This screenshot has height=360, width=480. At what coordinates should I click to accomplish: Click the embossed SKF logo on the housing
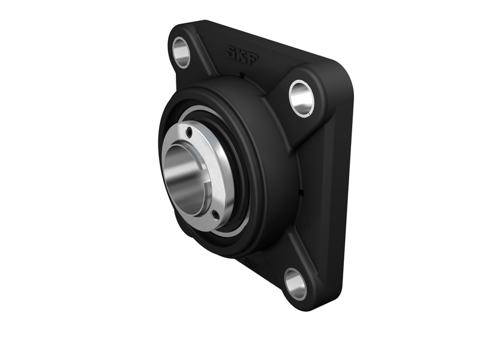click(242, 53)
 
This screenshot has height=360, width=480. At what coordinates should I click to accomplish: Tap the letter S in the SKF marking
click(232, 51)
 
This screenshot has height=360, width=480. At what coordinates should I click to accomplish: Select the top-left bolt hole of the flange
click(181, 52)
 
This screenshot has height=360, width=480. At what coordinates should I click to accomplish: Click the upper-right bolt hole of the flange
click(301, 98)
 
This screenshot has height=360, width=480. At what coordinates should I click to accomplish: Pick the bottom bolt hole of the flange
click(295, 284)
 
